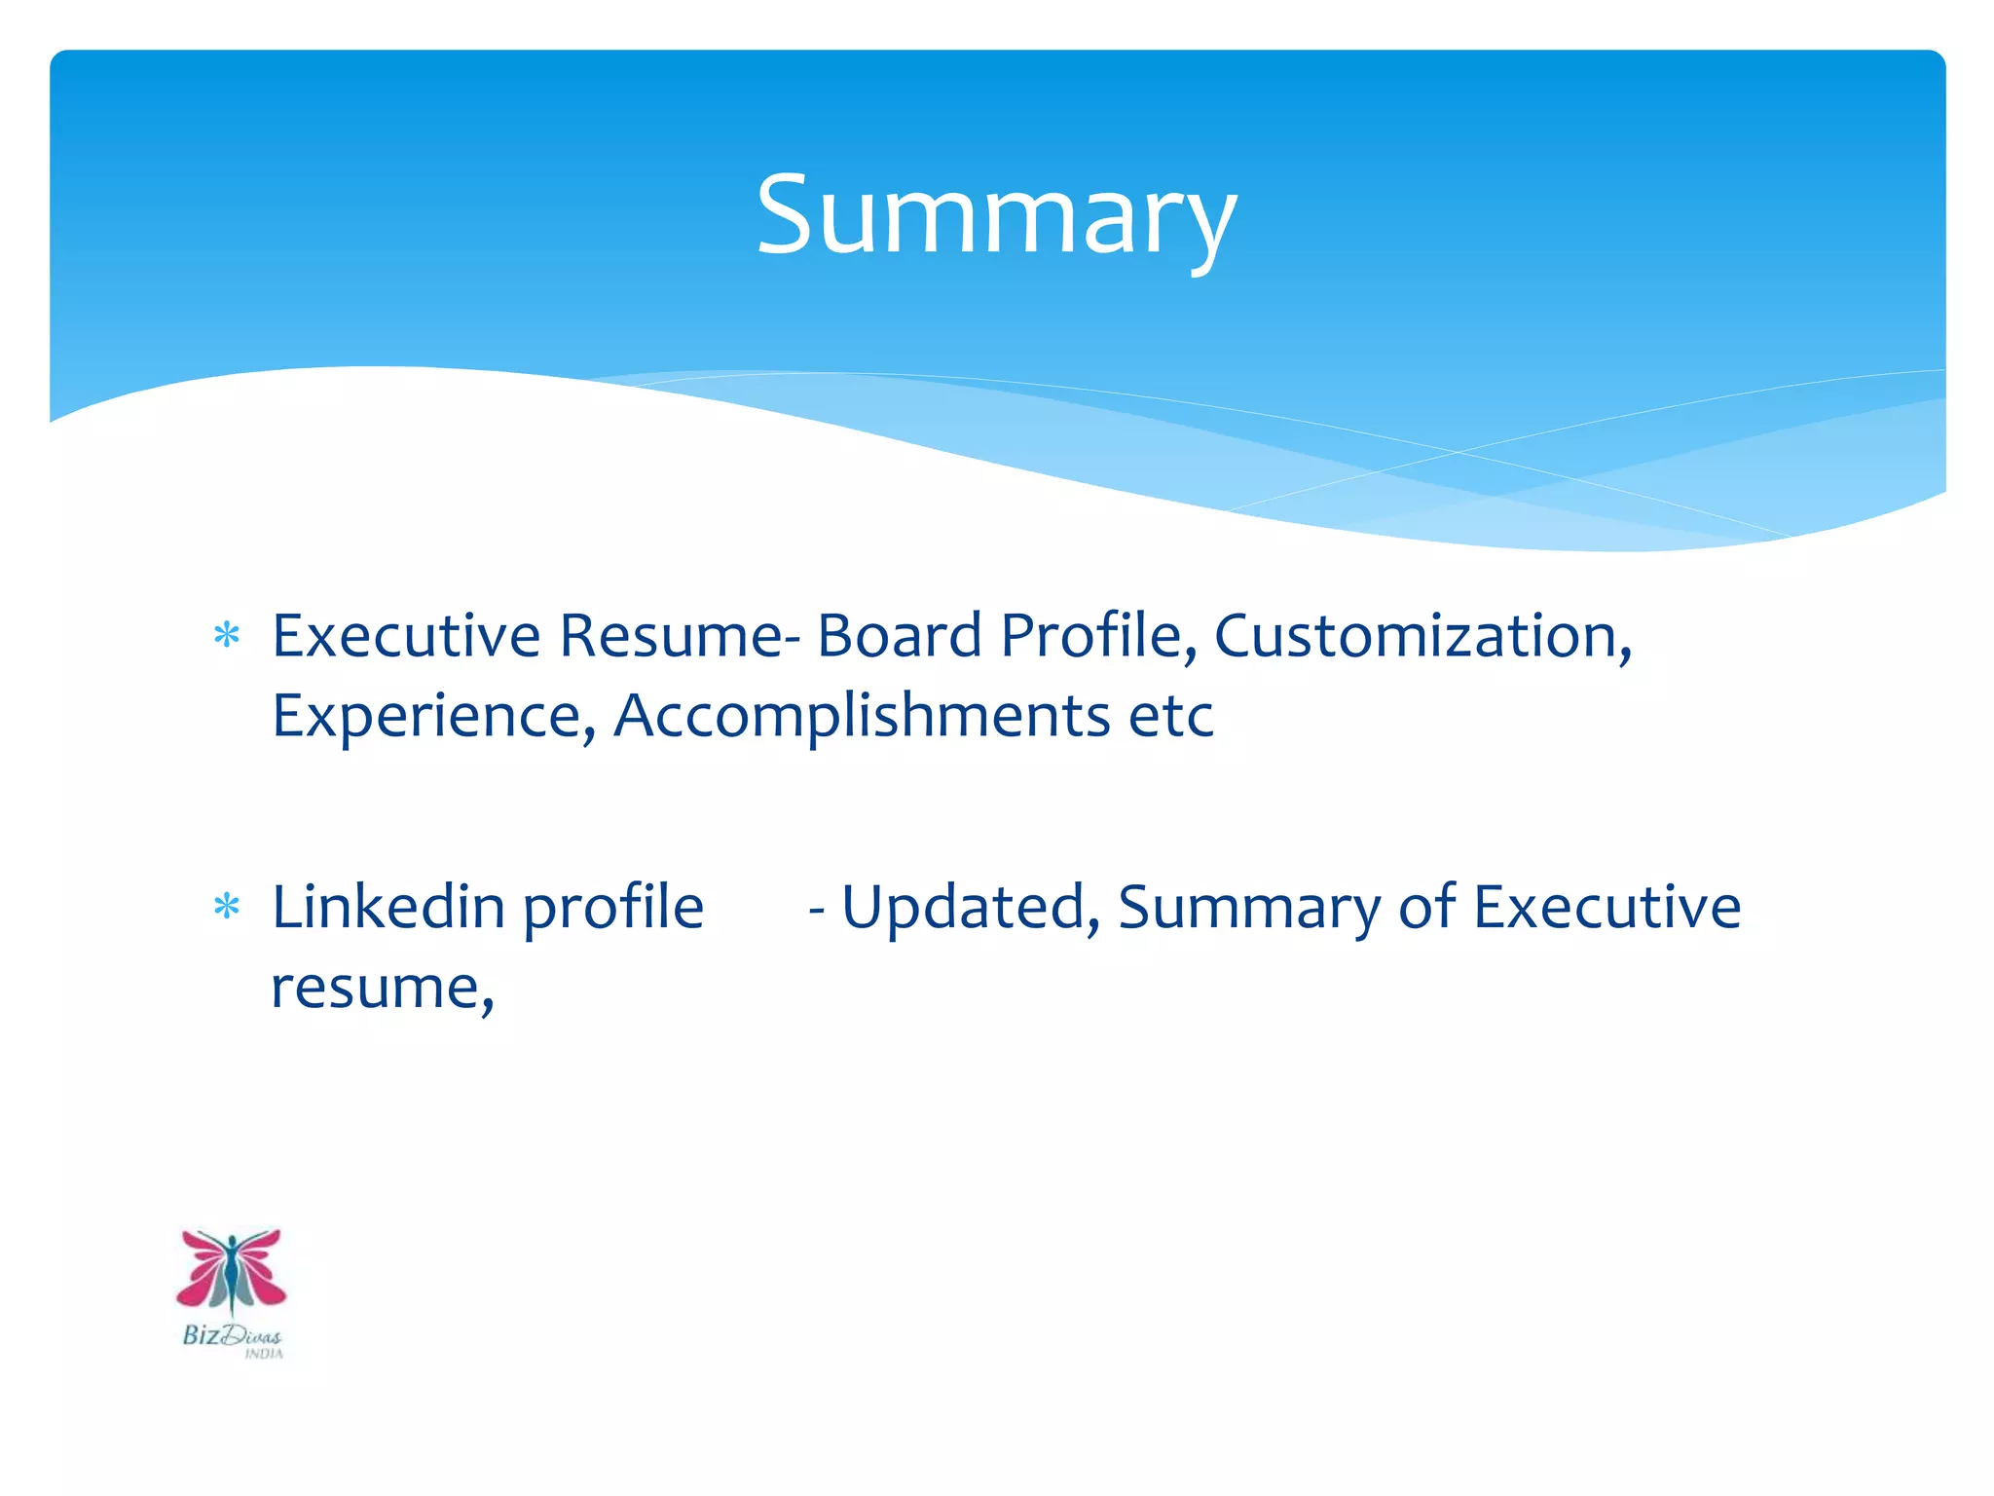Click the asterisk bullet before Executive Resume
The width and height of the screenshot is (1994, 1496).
tap(227, 636)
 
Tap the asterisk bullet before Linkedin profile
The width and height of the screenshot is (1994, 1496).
tap(227, 908)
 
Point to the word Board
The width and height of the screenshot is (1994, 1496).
tap(899, 636)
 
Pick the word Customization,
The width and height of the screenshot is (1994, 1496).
tap(1422, 636)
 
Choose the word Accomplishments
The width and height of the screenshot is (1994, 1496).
tap(862, 716)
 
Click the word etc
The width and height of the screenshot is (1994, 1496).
tap(1171, 716)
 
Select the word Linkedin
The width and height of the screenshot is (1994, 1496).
tap(388, 908)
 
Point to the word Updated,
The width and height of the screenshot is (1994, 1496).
tap(971, 908)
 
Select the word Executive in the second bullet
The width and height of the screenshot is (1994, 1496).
tap(1606, 908)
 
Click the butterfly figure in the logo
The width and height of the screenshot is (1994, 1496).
tap(232, 1271)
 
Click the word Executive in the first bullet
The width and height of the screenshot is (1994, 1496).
tap(406, 636)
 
